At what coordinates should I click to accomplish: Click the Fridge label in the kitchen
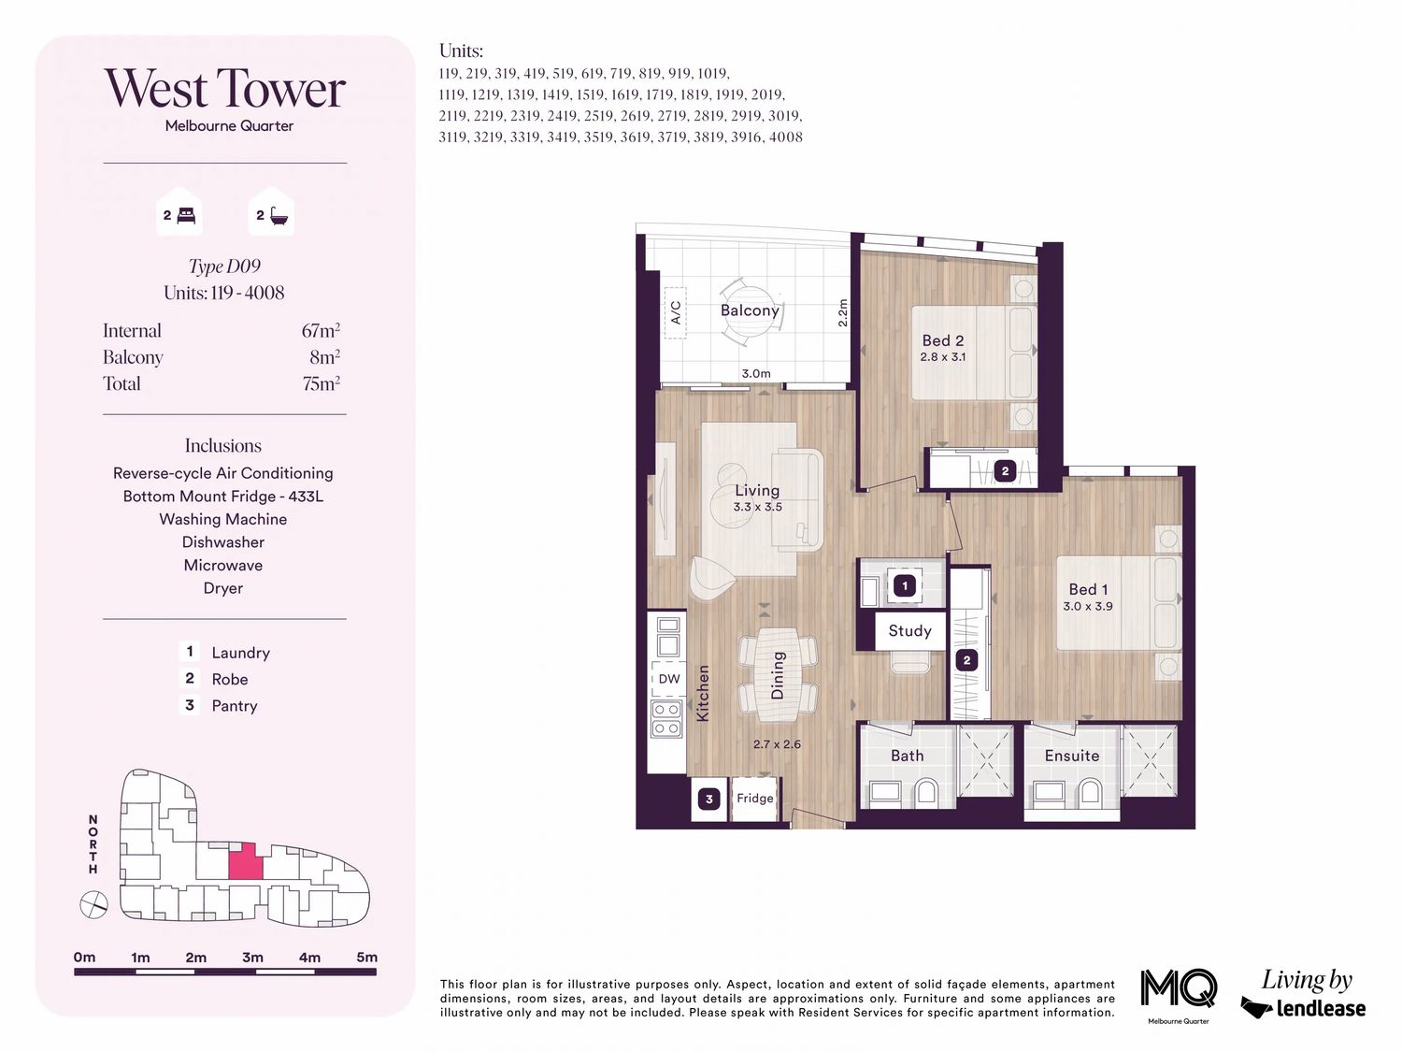pyautogui.click(x=754, y=798)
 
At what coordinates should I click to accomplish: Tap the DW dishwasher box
pyautogui.click(x=668, y=679)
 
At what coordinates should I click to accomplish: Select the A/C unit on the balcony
pyautogui.click(x=675, y=312)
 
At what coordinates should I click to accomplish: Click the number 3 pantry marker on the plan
pyautogui.click(x=709, y=799)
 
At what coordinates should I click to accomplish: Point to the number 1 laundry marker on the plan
pyautogui.click(x=905, y=585)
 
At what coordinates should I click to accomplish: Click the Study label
pyautogui.click(x=909, y=631)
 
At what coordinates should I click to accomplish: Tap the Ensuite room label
pyautogui.click(x=1072, y=756)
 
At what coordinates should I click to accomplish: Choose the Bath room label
pyautogui.click(x=907, y=756)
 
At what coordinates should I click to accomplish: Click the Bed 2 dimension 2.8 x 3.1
pyautogui.click(x=943, y=357)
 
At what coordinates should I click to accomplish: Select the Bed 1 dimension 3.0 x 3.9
pyautogui.click(x=1088, y=606)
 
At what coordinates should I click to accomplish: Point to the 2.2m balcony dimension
pyautogui.click(x=842, y=313)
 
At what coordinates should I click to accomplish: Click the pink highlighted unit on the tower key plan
pyautogui.click(x=246, y=861)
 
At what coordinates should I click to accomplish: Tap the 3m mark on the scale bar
pyautogui.click(x=252, y=958)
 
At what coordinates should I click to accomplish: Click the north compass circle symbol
pyautogui.click(x=93, y=904)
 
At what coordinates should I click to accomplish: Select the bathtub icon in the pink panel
pyautogui.click(x=279, y=215)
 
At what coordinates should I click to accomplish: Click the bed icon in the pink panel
pyautogui.click(x=186, y=216)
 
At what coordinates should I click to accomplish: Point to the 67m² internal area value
pyautogui.click(x=321, y=330)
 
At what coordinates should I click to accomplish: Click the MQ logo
pyautogui.click(x=1179, y=988)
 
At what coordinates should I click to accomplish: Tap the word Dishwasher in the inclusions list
pyautogui.click(x=222, y=542)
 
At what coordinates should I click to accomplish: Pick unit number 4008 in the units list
pyautogui.click(x=786, y=137)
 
